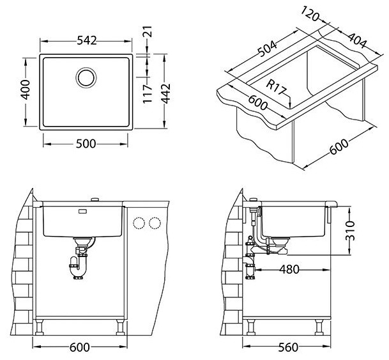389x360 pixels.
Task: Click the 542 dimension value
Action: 86,41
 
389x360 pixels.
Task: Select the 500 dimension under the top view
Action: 86,144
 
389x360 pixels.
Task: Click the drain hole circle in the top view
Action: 86,78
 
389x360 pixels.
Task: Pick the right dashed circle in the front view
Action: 154,223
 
